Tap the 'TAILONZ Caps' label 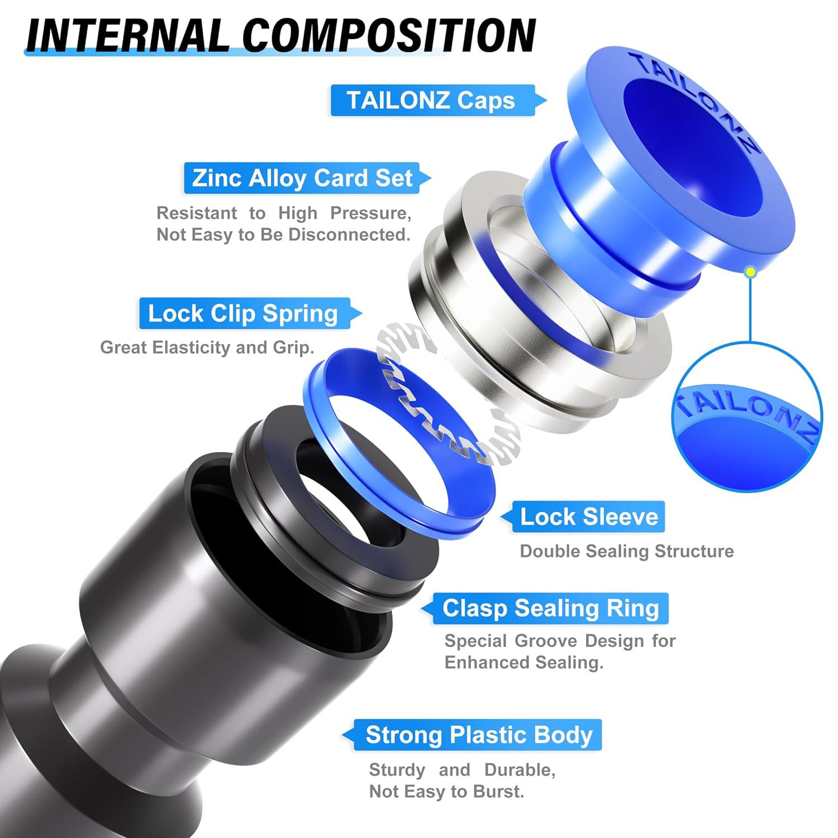(431, 101)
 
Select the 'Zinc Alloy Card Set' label (302, 178)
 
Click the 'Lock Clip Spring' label (243, 313)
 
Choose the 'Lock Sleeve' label (589, 517)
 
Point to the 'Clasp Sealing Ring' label (550, 608)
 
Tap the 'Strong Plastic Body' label (478, 735)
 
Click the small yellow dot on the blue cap (751, 272)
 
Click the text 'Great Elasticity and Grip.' (207, 347)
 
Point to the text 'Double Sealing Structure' (626, 551)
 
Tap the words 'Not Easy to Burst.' (446, 792)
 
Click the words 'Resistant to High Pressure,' (284, 213)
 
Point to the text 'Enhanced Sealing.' (523, 663)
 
